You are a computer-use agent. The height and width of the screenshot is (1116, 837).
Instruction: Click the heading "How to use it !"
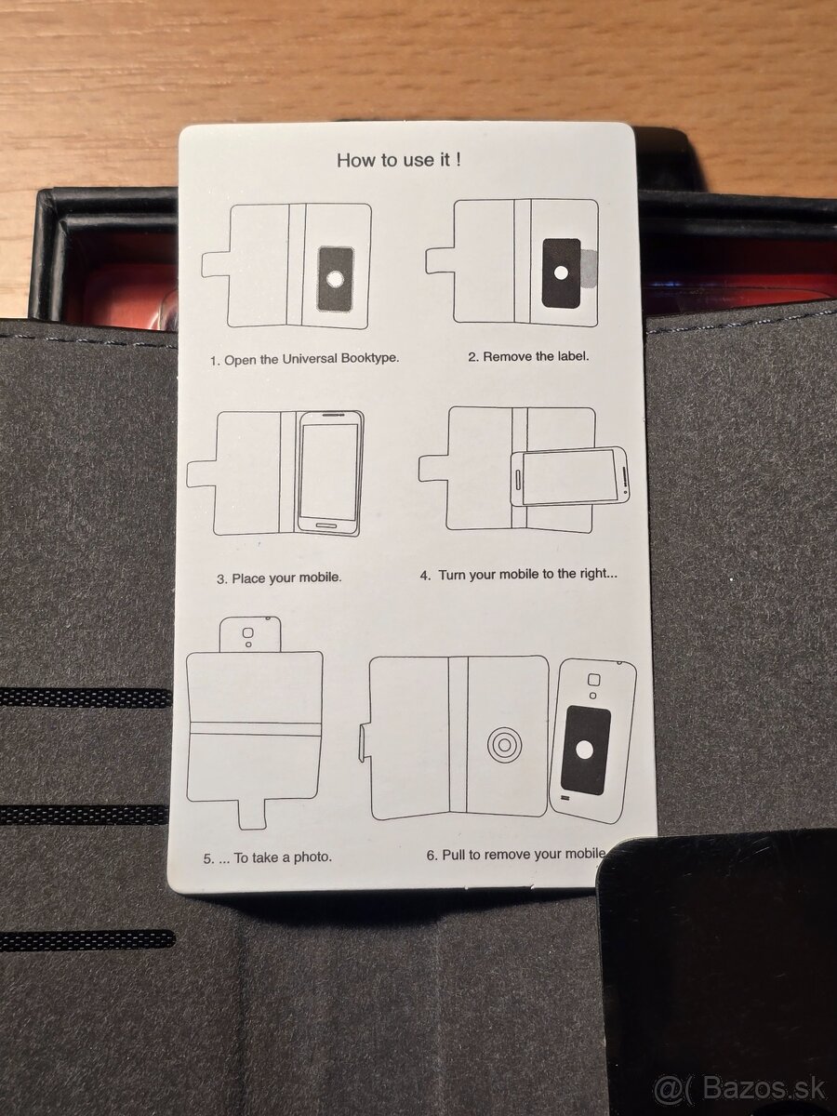coord(399,160)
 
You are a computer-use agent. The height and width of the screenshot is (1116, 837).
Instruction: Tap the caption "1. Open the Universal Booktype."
coord(304,359)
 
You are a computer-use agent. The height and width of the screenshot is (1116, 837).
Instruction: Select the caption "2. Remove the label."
coord(528,356)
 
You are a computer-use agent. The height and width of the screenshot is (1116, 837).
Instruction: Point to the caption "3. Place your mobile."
coord(279,578)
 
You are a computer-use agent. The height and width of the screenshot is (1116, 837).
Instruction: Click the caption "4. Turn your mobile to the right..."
coord(518,575)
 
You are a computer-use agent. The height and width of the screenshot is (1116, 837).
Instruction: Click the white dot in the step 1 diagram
coord(335,279)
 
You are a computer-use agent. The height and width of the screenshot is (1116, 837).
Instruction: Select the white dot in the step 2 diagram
coord(561,273)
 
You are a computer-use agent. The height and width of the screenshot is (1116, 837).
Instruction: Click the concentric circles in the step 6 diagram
coord(504,745)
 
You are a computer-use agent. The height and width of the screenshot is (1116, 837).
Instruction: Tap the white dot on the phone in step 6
coord(584,751)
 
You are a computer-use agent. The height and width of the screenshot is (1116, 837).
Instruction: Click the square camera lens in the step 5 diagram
coord(247,633)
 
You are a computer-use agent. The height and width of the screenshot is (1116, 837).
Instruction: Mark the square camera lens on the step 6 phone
coord(593,680)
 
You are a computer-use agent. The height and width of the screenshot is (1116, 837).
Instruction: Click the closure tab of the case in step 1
coord(216,264)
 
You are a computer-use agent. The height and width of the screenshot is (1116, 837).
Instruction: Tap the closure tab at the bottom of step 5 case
coord(252,814)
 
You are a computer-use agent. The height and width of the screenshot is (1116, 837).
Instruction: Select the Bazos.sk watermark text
coord(739,1087)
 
